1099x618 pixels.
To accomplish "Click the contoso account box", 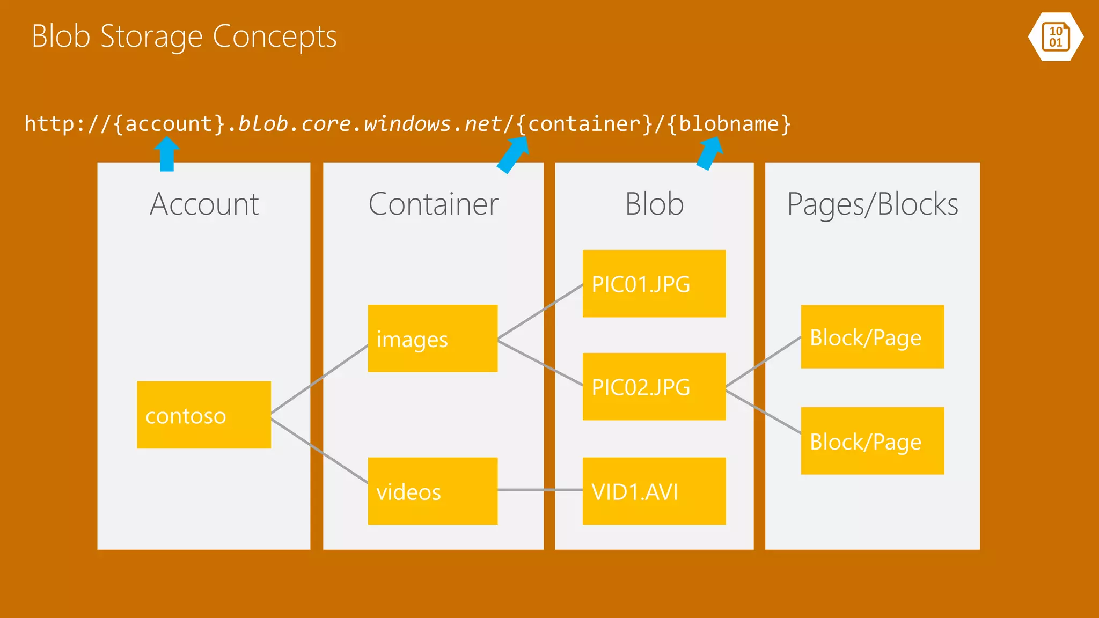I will [x=203, y=415].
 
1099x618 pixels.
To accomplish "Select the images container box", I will [x=433, y=339].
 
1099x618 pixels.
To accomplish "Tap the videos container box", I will [x=433, y=491].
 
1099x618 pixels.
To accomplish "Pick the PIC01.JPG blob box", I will [x=654, y=283].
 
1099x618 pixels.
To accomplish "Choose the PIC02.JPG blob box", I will [x=654, y=386].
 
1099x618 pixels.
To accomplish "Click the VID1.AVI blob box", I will [x=654, y=491].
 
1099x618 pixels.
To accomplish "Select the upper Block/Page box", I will [x=872, y=337].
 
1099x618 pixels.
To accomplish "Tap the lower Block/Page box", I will [x=872, y=441].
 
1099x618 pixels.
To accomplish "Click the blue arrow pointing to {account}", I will [x=167, y=154].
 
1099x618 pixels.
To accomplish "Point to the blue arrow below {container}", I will [x=513, y=154].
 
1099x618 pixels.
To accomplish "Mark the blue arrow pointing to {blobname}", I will [x=709, y=153].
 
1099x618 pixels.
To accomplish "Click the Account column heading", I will [x=204, y=204].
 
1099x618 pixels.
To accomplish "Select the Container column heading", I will [x=433, y=204].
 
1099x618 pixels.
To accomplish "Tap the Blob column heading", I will [x=654, y=204].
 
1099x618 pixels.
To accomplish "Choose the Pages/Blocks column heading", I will [x=873, y=204].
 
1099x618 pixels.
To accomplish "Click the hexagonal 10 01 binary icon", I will [x=1056, y=36].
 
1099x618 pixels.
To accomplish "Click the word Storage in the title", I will [x=151, y=36].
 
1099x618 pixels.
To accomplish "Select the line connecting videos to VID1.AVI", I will [x=540, y=490].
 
